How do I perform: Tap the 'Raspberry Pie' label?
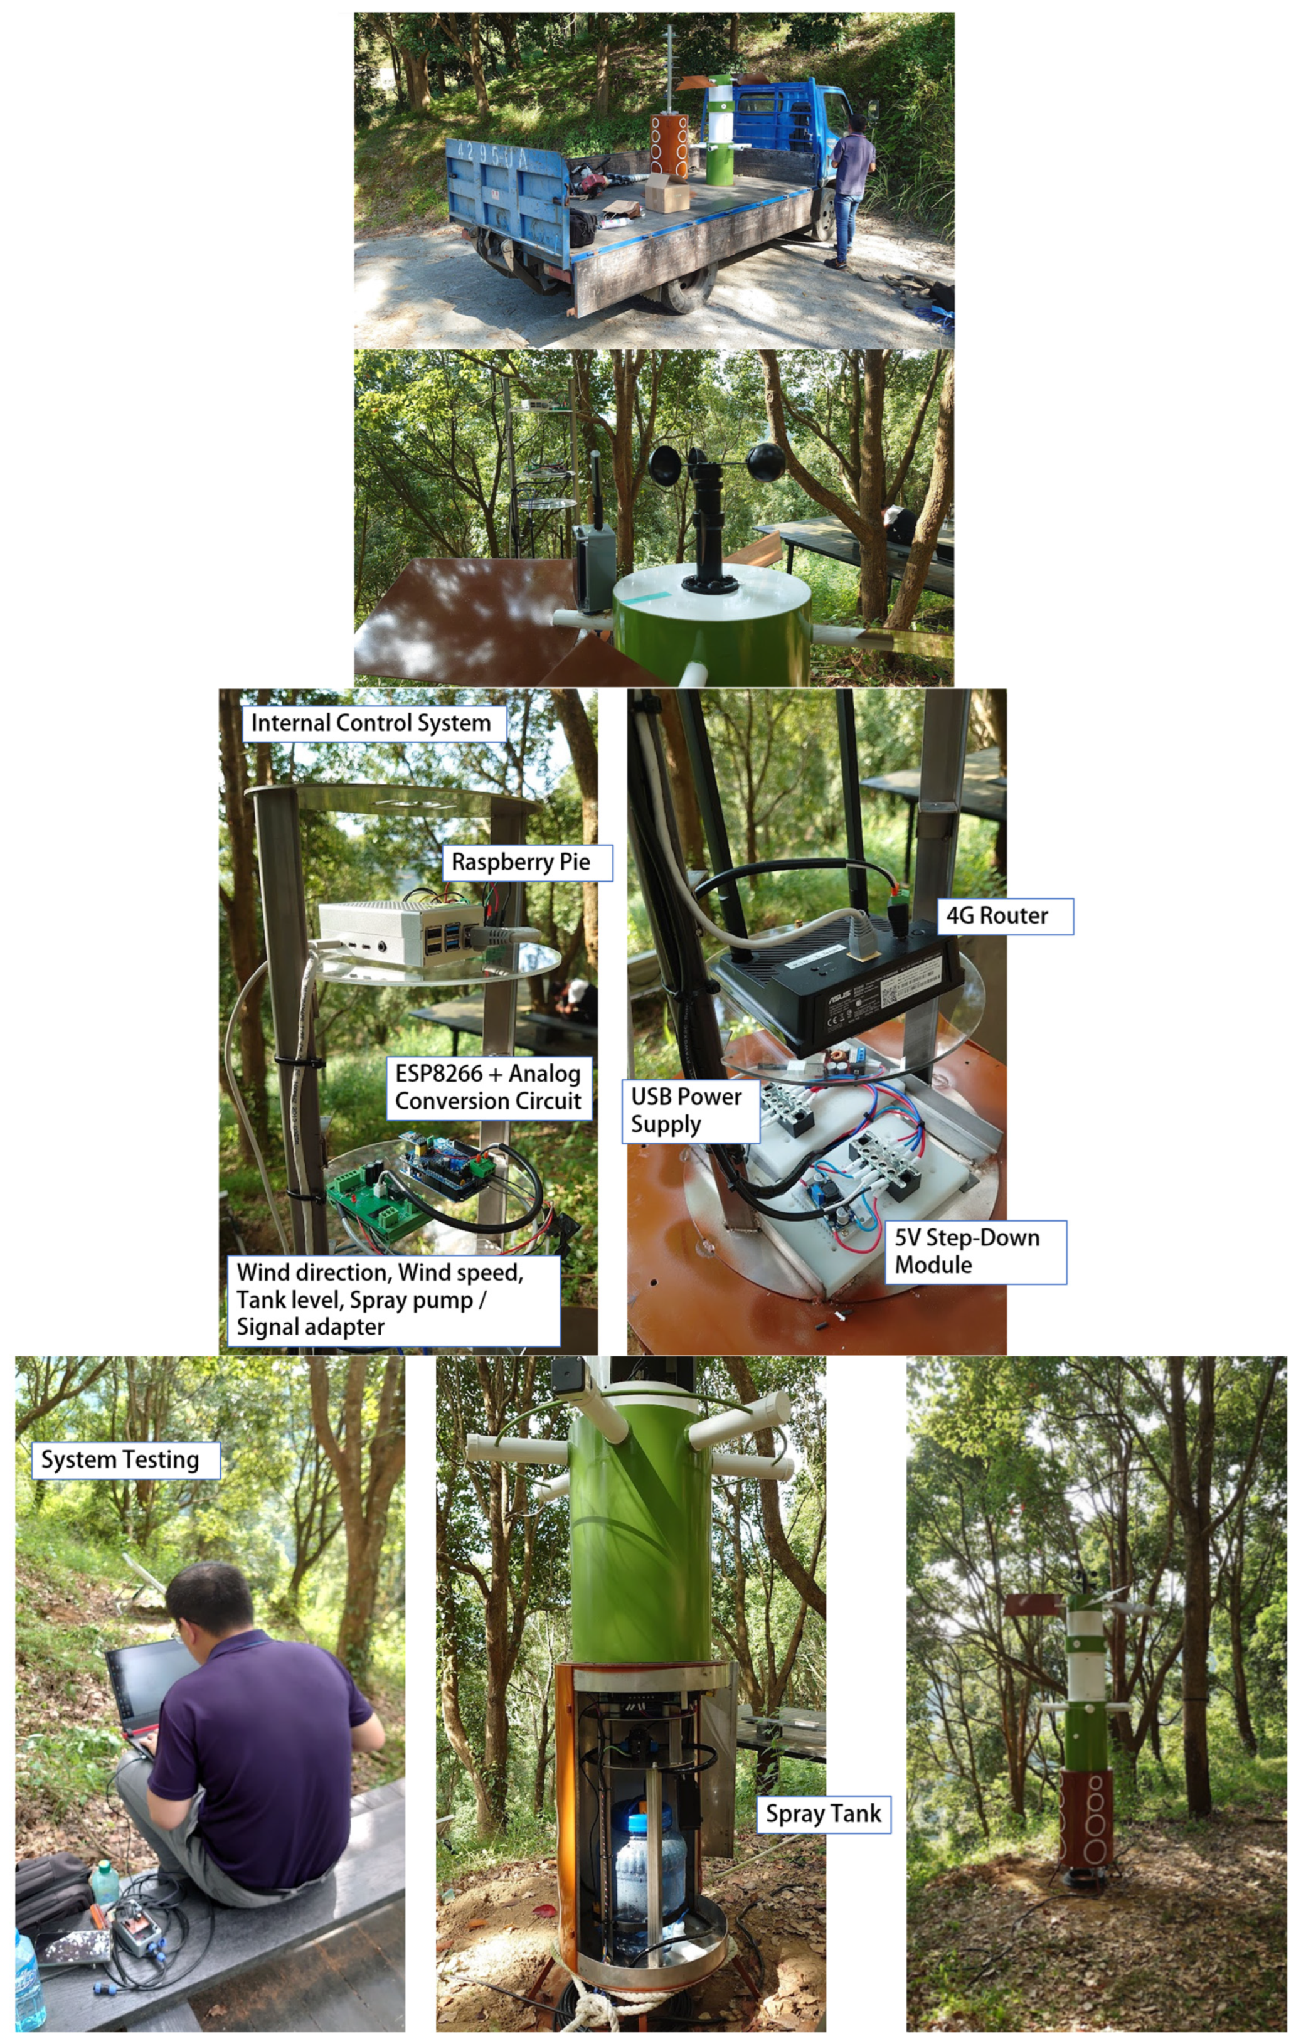(526, 862)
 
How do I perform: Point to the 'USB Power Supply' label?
(690, 1111)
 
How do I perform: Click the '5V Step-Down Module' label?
(975, 1251)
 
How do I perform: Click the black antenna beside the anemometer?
(596, 489)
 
